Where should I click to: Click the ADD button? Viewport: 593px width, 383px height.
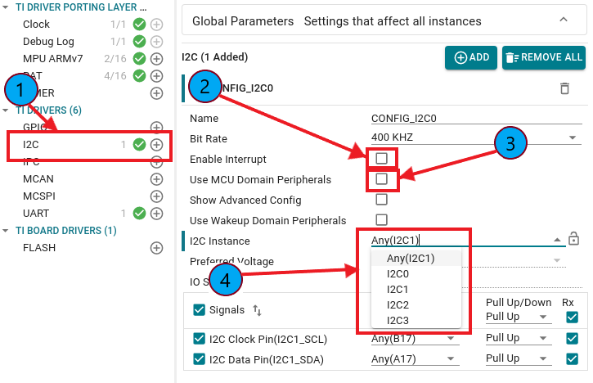coord(471,57)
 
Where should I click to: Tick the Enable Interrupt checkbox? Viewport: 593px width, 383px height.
coord(381,157)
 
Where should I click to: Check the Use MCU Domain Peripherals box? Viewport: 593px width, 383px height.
coord(381,178)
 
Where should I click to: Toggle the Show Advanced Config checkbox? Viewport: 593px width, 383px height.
coord(381,199)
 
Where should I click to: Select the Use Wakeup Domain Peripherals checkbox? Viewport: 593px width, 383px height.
coord(381,219)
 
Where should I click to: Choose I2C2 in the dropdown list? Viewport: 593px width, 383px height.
coord(398,304)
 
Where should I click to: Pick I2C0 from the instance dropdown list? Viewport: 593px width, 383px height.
coord(398,273)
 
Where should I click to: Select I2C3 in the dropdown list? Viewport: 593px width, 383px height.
coord(398,320)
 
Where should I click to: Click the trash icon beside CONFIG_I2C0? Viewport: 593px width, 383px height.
coord(564,88)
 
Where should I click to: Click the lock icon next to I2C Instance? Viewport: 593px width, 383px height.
coord(574,239)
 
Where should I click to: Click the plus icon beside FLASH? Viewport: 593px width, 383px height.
coord(156,247)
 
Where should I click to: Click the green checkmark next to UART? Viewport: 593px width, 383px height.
coord(139,213)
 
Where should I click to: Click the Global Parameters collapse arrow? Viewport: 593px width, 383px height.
coord(563,20)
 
